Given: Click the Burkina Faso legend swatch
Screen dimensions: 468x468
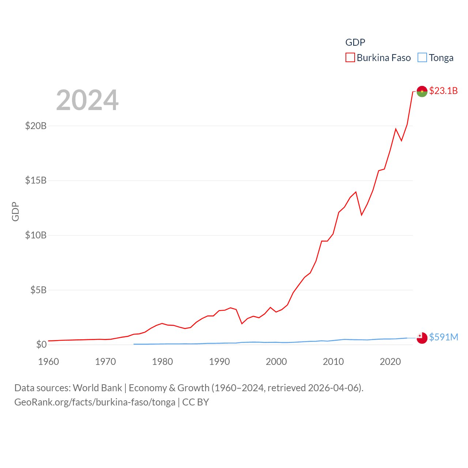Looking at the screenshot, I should pyautogui.click(x=350, y=58).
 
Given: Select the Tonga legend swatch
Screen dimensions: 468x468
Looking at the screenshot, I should pyautogui.click(x=422, y=58).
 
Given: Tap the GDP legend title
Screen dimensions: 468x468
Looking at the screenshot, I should pyautogui.click(x=355, y=42).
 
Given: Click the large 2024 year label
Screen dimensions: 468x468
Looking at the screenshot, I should pyautogui.click(x=87, y=100).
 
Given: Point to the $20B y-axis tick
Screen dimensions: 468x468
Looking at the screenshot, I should pyautogui.click(x=36, y=126).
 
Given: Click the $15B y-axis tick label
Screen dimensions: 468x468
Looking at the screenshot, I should pyautogui.click(x=36, y=180).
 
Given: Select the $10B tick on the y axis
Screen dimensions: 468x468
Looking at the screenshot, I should pyautogui.click(x=36, y=235).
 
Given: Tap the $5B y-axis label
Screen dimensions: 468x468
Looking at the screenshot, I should pyautogui.click(x=38, y=290).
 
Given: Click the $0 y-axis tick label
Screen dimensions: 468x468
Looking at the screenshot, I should pyautogui.click(x=41, y=344).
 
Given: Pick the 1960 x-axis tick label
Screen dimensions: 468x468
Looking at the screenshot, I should pyautogui.click(x=49, y=362).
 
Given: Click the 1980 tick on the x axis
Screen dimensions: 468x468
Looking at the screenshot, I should pyautogui.click(x=162, y=362).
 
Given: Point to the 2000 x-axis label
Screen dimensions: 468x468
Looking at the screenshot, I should pyautogui.click(x=276, y=362).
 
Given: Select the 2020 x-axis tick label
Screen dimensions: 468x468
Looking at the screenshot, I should pyautogui.click(x=390, y=362).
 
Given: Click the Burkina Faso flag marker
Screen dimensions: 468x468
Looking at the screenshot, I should pyautogui.click(x=422, y=91).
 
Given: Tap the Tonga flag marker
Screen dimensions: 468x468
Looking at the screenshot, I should pyautogui.click(x=422, y=338).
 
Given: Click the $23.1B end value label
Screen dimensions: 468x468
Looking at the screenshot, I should pyautogui.click(x=443, y=91).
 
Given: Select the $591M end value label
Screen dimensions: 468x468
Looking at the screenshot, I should pyautogui.click(x=444, y=337).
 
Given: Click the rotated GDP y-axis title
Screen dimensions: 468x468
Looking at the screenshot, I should pyautogui.click(x=15, y=211).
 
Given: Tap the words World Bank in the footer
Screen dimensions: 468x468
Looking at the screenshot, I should pyautogui.click(x=98, y=388).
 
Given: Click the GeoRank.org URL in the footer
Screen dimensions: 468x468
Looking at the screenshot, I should pyautogui.click(x=95, y=402).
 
